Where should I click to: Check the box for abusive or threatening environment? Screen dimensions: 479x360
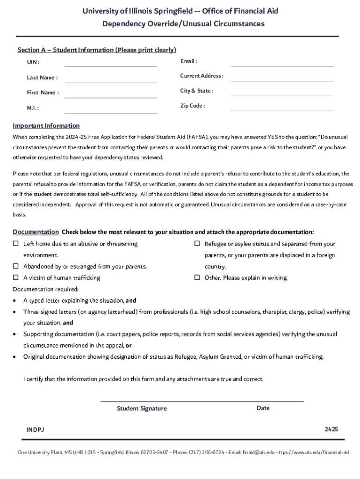coord(15,244)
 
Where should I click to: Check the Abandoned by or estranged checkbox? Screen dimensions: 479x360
coord(15,267)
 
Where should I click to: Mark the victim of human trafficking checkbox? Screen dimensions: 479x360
coord(15,278)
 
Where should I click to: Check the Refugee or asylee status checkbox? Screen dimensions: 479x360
coord(197,244)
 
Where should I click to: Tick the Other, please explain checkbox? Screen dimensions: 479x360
coord(197,278)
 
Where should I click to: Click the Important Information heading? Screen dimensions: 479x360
coord(46,126)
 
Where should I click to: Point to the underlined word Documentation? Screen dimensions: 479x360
coord(36,232)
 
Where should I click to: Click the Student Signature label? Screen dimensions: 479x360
coord(142,409)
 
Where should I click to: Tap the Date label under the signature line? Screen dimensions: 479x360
coord(263,408)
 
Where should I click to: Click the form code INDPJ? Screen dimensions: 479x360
coord(35,429)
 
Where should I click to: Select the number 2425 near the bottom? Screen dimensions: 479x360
coord(331,429)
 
